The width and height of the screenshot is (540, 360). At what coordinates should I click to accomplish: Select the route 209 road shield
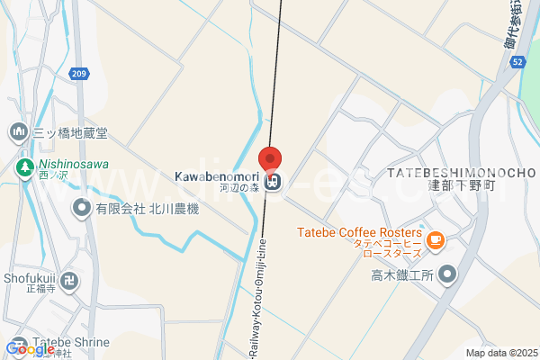point(79,73)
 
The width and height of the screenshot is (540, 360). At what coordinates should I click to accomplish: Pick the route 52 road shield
point(517,61)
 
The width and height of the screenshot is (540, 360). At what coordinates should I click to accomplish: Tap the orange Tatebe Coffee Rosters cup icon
point(435,239)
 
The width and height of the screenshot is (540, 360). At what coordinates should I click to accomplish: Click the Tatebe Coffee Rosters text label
point(359,232)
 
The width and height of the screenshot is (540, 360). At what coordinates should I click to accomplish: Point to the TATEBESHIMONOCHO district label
point(462,172)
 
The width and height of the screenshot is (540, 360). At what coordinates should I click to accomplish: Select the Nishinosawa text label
point(73,166)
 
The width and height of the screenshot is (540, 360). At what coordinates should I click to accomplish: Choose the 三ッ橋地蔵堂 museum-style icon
point(18,132)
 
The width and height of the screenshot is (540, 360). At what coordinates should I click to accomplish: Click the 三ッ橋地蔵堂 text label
point(70,133)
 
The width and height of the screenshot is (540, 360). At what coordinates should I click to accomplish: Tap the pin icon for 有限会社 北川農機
point(82,209)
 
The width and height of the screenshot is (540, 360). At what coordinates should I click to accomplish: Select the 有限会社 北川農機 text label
point(148,209)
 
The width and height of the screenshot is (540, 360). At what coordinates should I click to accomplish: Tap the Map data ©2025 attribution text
point(500,353)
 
